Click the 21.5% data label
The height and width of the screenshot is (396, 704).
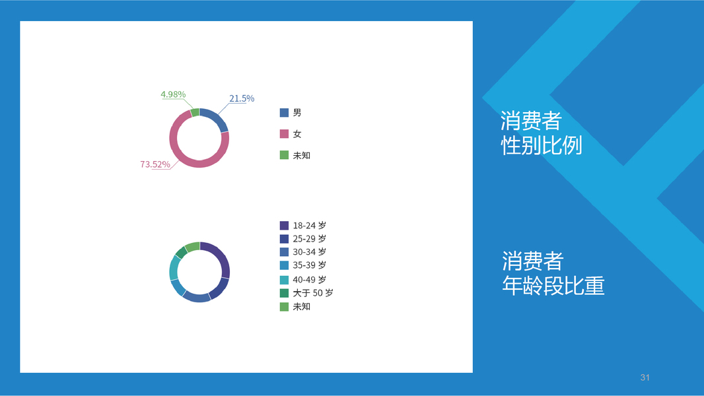pos(242,98)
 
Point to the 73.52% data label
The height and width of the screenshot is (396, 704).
pos(155,164)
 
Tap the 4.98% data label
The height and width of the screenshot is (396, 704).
pos(173,94)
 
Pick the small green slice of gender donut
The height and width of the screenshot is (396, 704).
pos(195,113)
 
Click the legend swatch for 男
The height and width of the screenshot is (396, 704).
pos(284,113)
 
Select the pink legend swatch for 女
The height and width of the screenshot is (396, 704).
pos(284,133)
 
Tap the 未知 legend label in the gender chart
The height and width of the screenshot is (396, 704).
pos(301,155)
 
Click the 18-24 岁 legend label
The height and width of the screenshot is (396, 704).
pos(309,225)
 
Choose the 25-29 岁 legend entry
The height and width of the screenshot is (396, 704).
pos(303,238)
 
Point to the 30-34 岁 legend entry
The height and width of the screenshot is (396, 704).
pos(303,251)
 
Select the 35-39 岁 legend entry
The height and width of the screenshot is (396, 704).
pos(303,265)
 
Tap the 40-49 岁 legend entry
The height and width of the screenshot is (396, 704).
pos(303,279)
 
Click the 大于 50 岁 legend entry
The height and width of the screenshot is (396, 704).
pos(306,293)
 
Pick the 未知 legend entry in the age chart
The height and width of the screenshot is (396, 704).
pos(295,306)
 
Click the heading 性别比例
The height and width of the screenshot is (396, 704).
pos(542,145)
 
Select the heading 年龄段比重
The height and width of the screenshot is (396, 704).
pos(553,285)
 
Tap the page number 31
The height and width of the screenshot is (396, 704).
pos(645,378)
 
